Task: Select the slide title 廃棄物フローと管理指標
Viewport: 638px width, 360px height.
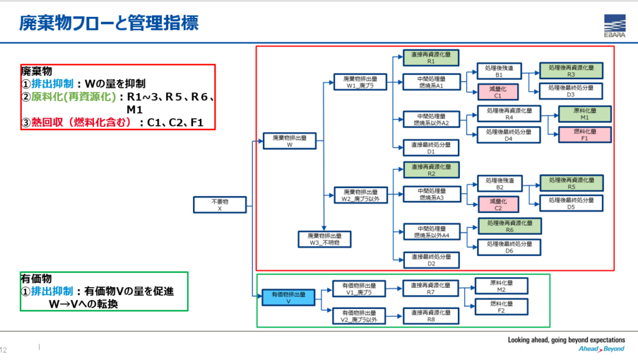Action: [110, 24]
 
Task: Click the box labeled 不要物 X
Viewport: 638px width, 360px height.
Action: [219, 206]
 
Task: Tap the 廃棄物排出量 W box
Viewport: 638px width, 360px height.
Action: [290, 141]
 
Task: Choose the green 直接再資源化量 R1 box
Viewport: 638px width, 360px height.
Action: [431, 59]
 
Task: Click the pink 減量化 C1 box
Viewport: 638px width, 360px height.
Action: [497, 93]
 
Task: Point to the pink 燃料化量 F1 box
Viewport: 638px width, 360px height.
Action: [584, 135]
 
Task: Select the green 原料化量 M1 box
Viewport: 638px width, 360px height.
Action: [584, 114]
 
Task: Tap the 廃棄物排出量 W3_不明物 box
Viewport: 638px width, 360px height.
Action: [324, 239]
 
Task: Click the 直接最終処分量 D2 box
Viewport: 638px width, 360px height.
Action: [431, 260]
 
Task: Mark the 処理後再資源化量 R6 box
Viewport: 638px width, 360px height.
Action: [508, 225]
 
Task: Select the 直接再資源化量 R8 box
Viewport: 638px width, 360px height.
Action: [431, 316]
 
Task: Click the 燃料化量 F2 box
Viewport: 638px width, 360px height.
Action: [502, 307]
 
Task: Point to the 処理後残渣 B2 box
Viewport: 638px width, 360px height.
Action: [500, 184]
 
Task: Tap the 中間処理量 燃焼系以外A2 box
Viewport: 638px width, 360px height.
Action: [431, 119]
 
